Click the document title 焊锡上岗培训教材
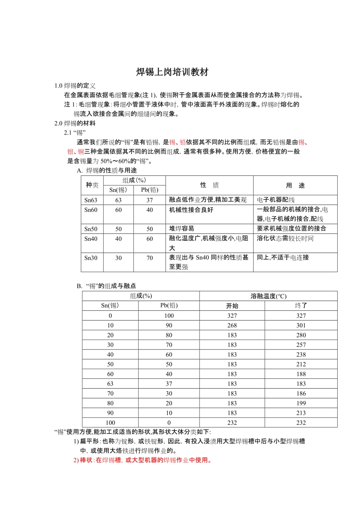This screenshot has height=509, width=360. point(172,72)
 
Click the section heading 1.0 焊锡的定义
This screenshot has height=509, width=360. point(75,86)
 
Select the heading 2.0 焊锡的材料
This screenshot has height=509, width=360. point(75,124)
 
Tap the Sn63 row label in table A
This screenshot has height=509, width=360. point(91,200)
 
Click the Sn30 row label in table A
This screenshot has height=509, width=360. point(91,258)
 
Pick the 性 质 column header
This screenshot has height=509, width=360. point(209,185)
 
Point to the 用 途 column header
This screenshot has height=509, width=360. point(295,185)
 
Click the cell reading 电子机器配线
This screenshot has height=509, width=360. point(276,200)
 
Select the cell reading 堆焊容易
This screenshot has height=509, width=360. point(182,229)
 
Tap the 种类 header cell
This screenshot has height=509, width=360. point(92,185)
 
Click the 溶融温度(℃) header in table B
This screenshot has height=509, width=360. point(268,296)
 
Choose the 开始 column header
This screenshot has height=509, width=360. point(232,306)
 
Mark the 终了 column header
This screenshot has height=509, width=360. point(301,306)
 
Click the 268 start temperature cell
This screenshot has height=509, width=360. point(232,325)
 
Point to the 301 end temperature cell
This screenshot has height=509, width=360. point(301,325)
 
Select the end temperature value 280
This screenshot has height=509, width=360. point(301,335)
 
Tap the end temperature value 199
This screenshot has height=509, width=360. point(301,403)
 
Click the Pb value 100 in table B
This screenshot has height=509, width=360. point(169,315)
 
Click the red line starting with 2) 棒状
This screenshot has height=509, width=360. point(142,460)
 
